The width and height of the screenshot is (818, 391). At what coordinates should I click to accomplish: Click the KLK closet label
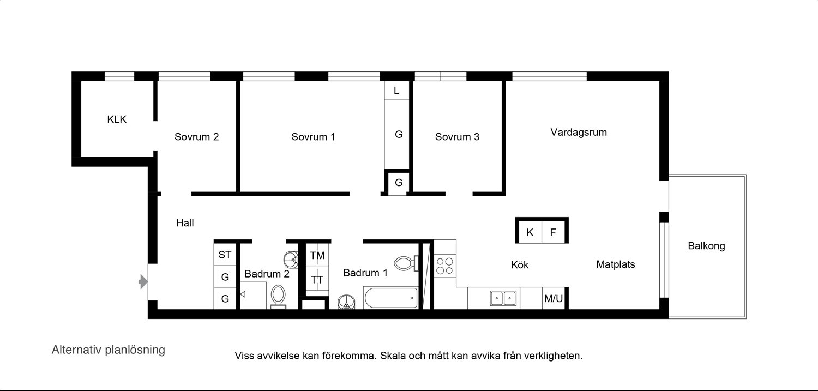[117, 119]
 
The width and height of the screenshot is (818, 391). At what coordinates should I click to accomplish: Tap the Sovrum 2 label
[196, 137]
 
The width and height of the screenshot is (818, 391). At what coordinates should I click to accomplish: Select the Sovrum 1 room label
[314, 137]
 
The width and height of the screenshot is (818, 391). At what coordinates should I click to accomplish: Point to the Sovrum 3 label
[457, 137]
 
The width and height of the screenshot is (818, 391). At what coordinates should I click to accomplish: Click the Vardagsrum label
[579, 133]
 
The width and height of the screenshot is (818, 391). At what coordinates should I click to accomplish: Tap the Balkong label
[707, 246]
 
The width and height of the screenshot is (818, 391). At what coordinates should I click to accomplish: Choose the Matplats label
[616, 264]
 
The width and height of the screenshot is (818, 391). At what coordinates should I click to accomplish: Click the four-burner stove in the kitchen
[445, 266]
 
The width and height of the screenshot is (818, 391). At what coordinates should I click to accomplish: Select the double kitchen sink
[503, 298]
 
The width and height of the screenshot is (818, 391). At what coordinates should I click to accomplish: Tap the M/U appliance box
[554, 299]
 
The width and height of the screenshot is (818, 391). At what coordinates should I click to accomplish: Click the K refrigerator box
[530, 232]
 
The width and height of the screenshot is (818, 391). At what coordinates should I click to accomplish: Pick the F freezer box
[554, 232]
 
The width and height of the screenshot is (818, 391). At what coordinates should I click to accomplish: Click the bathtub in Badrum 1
[390, 298]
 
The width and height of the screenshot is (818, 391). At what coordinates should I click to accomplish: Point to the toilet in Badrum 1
[406, 263]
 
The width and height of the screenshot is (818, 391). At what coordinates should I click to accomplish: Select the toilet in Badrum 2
[278, 297]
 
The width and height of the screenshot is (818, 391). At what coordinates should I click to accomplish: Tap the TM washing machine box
[317, 255]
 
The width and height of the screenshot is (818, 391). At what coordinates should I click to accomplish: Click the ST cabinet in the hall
[225, 255]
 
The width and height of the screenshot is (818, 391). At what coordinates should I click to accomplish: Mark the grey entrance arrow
[143, 282]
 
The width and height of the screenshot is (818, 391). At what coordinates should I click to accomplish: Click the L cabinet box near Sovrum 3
[396, 91]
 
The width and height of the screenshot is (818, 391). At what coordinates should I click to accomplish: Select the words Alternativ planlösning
[109, 350]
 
